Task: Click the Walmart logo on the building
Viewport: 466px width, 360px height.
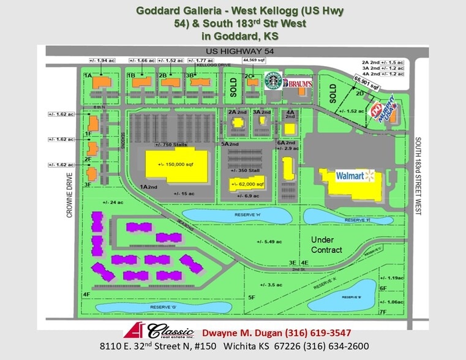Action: [x=355, y=176]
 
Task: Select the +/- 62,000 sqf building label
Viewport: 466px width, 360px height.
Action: [x=247, y=184]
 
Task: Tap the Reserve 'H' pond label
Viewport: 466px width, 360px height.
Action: [x=236, y=214]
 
